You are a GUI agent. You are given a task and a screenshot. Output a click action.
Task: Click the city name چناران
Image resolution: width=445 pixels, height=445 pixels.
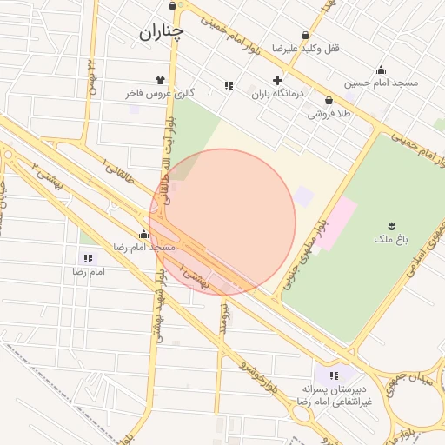coord(162,33)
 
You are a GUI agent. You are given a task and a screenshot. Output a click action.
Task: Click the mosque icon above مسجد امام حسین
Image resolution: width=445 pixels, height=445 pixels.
coord(381,70)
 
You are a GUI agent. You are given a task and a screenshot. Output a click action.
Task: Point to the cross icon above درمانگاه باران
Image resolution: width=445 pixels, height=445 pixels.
coord(277,80)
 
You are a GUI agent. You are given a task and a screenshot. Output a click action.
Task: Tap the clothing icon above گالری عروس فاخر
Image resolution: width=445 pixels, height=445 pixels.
coord(160,79)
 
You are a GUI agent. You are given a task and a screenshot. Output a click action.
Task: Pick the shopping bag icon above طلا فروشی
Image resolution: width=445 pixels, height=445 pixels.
coord(329,100)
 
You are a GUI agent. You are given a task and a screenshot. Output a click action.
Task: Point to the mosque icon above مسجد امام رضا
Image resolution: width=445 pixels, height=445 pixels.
coord(143,235)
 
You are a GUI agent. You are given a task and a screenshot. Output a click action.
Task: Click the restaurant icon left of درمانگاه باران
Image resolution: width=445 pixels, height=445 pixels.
coord(229,85)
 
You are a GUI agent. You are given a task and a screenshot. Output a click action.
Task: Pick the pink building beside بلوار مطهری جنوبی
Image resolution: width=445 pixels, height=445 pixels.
coord(339,222)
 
